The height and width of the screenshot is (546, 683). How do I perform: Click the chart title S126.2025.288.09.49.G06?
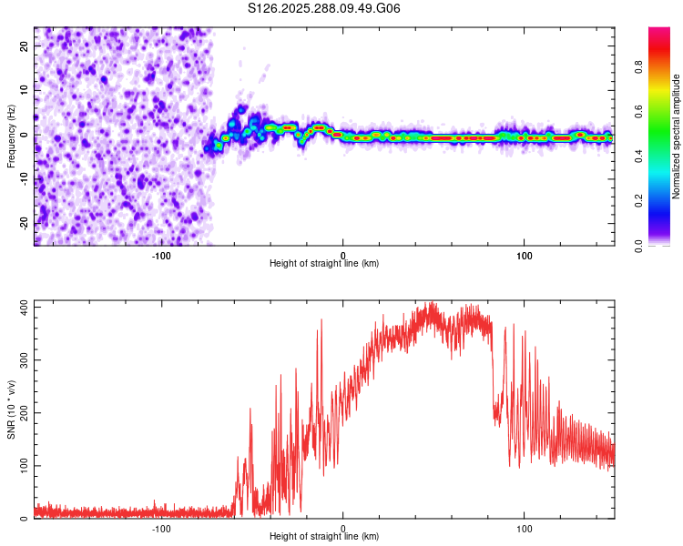click(x=324, y=8)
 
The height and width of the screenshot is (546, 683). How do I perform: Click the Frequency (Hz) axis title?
click(x=11, y=136)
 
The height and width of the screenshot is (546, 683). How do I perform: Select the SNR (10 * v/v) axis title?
click(x=11, y=409)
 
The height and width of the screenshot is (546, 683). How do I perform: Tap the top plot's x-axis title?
click(x=324, y=263)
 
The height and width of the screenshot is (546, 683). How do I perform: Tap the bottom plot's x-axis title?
click(x=324, y=536)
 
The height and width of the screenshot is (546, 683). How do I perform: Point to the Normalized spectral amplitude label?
click(x=677, y=136)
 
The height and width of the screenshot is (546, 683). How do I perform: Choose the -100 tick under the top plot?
click(x=161, y=254)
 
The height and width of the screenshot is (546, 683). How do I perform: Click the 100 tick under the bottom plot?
click(x=524, y=527)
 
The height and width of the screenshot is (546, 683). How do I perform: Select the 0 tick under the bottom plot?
click(x=342, y=527)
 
